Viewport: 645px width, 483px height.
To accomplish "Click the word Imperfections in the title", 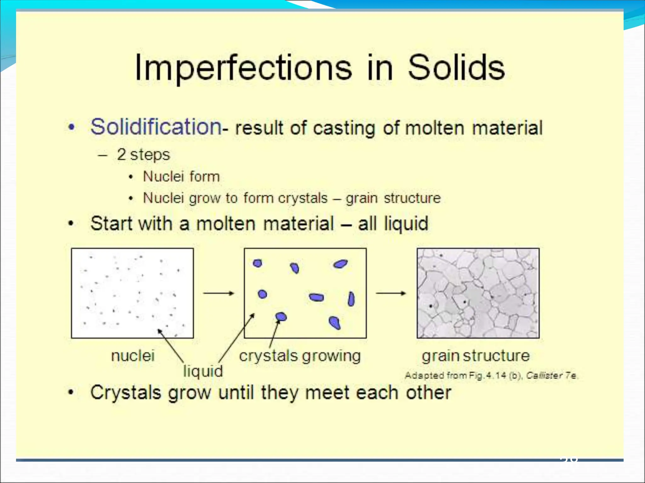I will click(243, 68).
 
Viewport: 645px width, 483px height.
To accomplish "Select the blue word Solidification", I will click(156, 127).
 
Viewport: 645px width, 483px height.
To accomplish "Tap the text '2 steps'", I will click(143, 155).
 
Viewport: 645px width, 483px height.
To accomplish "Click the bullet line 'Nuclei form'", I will click(181, 176).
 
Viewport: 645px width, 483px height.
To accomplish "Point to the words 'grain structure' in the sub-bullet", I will click(393, 198).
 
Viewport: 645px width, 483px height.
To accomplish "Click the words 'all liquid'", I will click(393, 224).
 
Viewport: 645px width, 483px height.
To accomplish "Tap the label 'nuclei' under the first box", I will click(133, 356).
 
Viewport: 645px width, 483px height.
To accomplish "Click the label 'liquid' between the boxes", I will click(203, 371).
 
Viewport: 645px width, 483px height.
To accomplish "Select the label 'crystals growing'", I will click(300, 356).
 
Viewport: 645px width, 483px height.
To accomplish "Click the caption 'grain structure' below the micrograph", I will click(476, 356).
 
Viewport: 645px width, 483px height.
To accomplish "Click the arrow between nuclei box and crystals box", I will click(219, 293).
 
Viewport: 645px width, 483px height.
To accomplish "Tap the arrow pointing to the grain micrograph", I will click(391, 293).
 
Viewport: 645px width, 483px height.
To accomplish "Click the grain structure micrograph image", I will click(478, 293).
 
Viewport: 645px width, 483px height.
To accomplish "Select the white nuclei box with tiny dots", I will click(132, 293).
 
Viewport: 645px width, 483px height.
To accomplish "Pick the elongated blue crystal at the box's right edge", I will click(351, 299).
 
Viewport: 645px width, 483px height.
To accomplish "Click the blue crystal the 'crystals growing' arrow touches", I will click(281, 317).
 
